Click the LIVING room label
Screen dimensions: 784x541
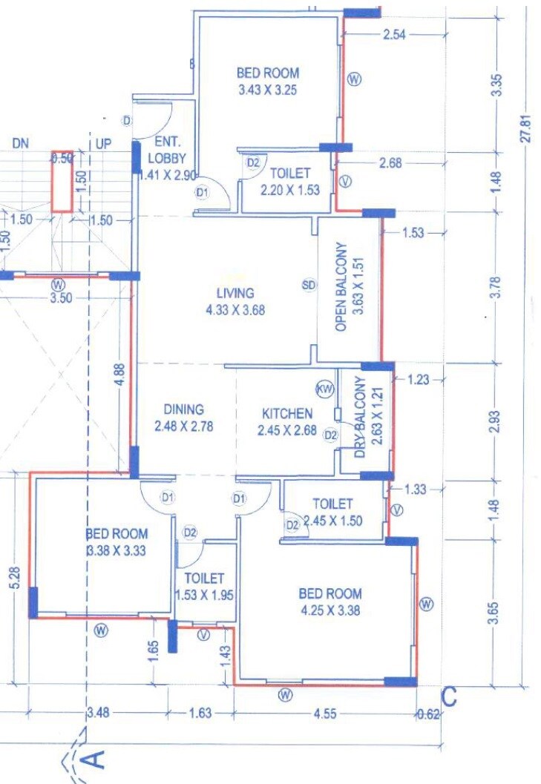[x=235, y=293]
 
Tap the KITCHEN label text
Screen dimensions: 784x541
[x=287, y=414]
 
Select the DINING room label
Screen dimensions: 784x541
[x=183, y=409]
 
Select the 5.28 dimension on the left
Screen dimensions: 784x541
[x=16, y=579]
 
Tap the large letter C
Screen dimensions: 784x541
[x=449, y=697]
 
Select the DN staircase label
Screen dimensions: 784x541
[x=20, y=143]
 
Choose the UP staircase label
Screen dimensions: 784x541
[x=103, y=143]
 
